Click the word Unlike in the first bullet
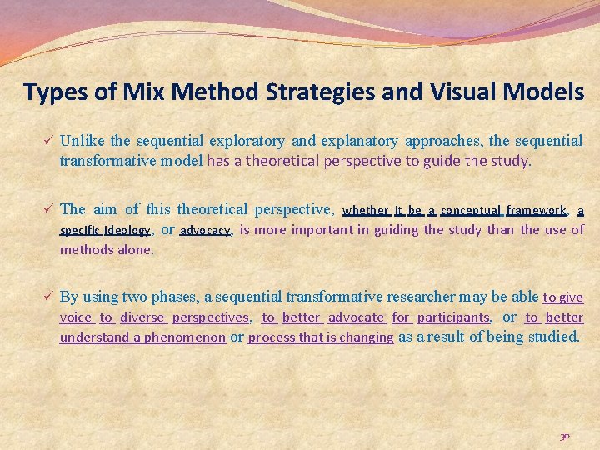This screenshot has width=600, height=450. (x=82, y=141)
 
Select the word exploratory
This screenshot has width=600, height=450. (x=247, y=141)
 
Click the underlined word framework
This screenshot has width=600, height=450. (x=536, y=210)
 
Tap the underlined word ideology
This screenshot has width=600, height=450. (x=127, y=230)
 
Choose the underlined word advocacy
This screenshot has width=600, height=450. (x=205, y=230)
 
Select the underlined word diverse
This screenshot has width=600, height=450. (x=142, y=317)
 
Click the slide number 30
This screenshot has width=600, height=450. (x=565, y=436)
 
